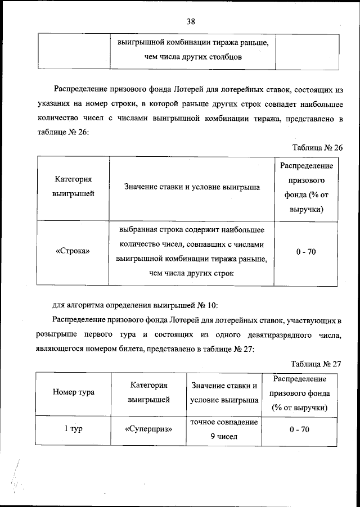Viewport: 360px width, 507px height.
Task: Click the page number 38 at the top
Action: tap(191, 22)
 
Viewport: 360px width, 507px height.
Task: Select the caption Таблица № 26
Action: tap(317, 147)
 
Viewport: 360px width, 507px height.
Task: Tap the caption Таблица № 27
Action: tap(317, 363)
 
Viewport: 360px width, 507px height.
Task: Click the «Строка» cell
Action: tap(73, 252)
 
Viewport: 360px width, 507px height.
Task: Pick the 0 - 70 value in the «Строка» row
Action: tap(306, 252)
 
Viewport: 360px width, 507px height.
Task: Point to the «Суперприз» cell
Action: tap(148, 429)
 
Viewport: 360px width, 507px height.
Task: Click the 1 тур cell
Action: tap(73, 429)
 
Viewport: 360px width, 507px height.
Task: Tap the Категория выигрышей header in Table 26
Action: tap(73, 187)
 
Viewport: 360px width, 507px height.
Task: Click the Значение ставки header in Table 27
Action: tap(224, 393)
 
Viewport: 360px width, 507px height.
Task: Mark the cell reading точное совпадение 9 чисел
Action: tap(224, 429)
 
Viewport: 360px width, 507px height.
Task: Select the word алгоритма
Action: tap(86, 306)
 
